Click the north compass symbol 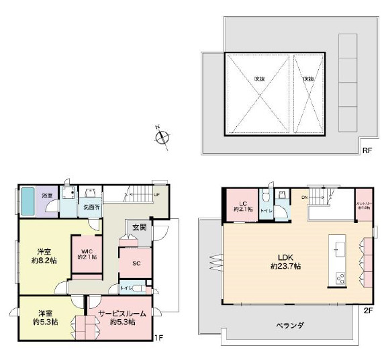point(162,138)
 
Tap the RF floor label point(367,150)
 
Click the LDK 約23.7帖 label point(285,261)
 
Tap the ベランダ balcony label point(290,325)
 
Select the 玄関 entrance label point(139,227)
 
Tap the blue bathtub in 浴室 point(28,200)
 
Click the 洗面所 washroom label point(91,208)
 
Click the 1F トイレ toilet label point(126,288)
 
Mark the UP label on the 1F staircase point(156,195)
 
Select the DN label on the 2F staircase point(304,197)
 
